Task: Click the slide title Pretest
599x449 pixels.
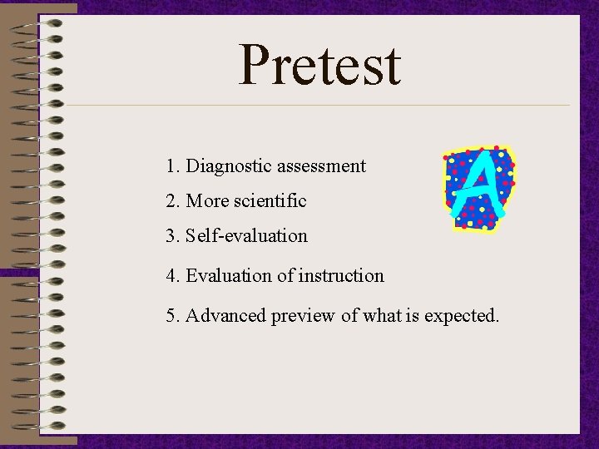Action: [319, 66]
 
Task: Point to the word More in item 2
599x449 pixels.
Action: [206, 201]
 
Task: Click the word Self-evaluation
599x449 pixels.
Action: [246, 236]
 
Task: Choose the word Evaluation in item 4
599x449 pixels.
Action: [228, 276]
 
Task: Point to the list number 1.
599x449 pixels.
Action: [171, 166]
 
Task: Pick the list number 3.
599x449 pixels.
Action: [171, 236]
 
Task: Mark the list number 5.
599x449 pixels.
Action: [171, 316]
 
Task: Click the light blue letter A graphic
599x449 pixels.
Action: [478, 188]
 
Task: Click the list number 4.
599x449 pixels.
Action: [171, 276]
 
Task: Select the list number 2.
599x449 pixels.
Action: [171, 201]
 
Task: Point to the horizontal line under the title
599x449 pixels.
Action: [316, 106]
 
